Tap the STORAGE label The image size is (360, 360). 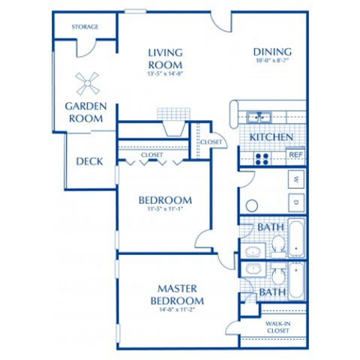pyautogui.click(x=85, y=27)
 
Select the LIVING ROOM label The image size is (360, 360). pyautogui.click(x=166, y=58)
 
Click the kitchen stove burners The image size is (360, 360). pyautogui.click(x=262, y=157)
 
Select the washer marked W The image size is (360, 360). pyautogui.click(x=297, y=180)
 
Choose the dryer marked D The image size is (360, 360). pyautogui.click(x=297, y=202)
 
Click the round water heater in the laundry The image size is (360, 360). pyautogui.click(x=252, y=205)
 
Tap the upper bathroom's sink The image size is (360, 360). pyautogui.click(x=251, y=250)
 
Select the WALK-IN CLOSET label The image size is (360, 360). pyautogui.click(x=277, y=328)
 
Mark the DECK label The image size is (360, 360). pyautogui.click(x=90, y=161)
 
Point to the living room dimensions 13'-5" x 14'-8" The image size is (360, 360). pyautogui.click(x=166, y=73)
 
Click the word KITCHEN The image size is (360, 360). pyautogui.click(x=271, y=138)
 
